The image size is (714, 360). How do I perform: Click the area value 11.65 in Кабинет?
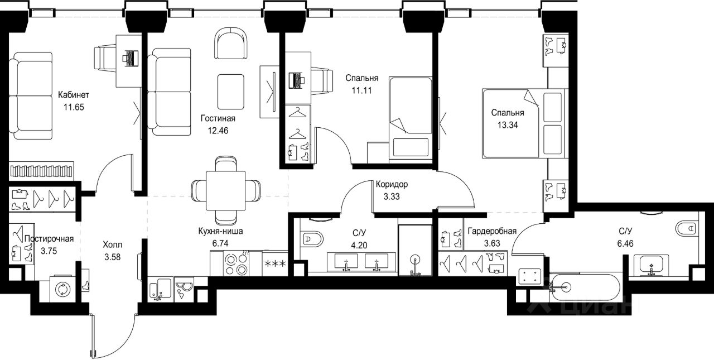click(x=74, y=107)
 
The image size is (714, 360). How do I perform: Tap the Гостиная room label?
click(x=218, y=119)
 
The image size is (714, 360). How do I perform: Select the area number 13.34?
click(x=508, y=125)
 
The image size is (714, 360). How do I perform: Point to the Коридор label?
click(x=392, y=184)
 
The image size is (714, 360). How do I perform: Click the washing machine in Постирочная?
click(x=63, y=290)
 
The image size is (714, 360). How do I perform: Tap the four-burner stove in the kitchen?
click(x=237, y=263)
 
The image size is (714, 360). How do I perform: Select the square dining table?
click(x=226, y=191)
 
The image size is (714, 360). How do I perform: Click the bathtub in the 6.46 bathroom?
click(x=585, y=287)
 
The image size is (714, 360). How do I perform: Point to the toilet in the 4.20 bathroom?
click(x=312, y=239)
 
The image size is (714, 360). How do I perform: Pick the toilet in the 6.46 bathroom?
click(x=687, y=229)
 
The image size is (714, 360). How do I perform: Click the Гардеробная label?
click(x=492, y=231)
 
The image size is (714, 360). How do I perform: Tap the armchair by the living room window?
click(x=231, y=43)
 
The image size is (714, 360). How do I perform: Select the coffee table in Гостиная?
click(x=231, y=92)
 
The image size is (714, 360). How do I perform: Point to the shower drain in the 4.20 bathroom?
click(x=415, y=258)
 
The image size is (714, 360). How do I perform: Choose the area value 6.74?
click(x=220, y=243)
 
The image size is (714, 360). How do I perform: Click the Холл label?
click(x=112, y=245)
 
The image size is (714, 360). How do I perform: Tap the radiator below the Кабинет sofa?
click(x=41, y=170)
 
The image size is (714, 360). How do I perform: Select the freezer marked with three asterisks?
click(x=275, y=263)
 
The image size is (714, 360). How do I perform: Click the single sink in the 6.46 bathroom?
click(x=651, y=266)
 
